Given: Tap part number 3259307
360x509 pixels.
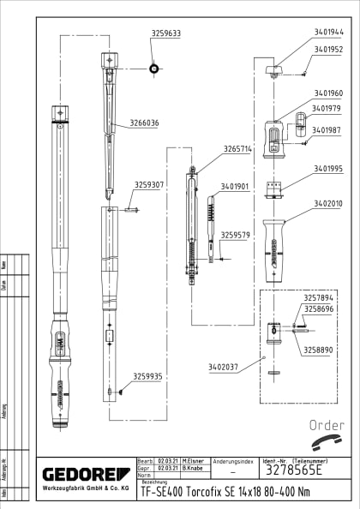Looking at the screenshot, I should pos(148,184).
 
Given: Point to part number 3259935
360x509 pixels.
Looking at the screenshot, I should pos(148,376).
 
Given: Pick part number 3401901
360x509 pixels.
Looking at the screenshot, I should pos(235,186).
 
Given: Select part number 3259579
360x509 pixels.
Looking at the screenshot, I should pos(236,234).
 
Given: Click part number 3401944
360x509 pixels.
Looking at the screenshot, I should pos(327,32).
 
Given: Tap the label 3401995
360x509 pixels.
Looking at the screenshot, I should pos(327,169).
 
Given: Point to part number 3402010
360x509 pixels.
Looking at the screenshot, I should pos(327,203).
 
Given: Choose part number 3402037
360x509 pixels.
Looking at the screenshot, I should pos(222,367).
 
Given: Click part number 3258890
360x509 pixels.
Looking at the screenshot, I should pos(317,350).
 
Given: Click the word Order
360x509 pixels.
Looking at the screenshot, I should pos(326,425).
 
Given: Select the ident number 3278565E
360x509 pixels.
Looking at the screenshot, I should pos(293,471).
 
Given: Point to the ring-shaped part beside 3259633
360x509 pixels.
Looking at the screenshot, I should pos(153,68).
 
